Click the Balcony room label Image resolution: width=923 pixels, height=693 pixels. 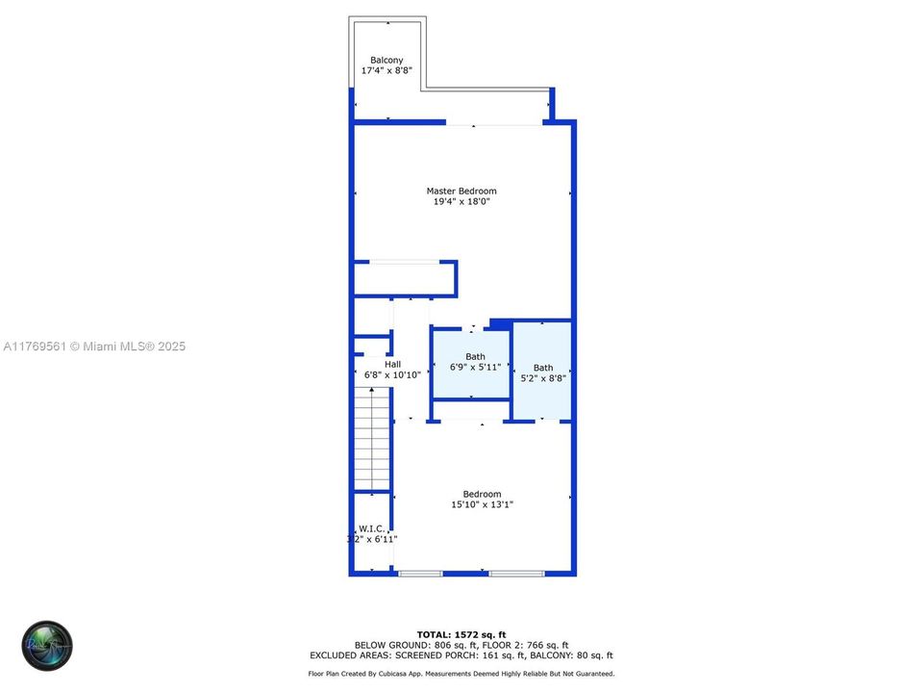tap(387, 60)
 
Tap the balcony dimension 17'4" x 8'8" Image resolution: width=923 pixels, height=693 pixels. tap(387, 71)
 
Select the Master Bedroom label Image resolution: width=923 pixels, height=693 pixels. tap(461, 191)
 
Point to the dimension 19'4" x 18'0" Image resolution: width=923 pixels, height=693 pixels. tap(461, 201)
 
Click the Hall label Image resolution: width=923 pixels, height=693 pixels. tap(392, 364)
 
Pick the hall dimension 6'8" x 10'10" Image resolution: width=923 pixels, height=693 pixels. tap(392, 374)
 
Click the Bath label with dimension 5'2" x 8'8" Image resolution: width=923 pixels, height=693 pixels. tap(543, 368)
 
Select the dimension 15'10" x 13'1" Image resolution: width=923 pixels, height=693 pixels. tap(482, 504)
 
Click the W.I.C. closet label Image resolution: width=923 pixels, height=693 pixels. tap(371, 528)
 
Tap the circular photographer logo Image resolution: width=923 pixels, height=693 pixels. tap(47, 646)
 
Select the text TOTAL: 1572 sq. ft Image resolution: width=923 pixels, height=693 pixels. tap(461, 634)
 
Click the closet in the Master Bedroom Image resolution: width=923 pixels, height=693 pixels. tap(404, 279)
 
